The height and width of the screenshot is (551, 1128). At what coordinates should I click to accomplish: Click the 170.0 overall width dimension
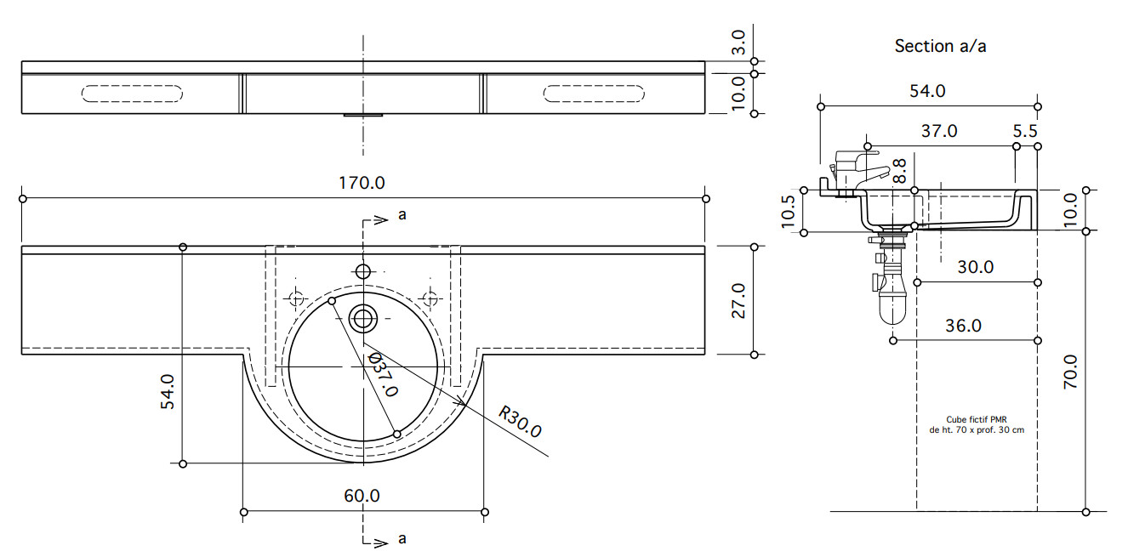[362, 183]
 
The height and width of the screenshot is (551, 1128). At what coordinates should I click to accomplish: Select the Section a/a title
[940, 46]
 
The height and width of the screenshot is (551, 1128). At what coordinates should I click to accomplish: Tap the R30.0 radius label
[520, 422]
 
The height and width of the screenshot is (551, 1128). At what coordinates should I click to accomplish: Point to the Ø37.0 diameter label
[383, 374]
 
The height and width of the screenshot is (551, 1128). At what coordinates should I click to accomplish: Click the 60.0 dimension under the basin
[362, 496]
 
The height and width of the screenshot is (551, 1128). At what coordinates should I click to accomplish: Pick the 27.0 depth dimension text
[738, 301]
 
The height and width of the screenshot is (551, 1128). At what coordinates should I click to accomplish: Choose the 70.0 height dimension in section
[1071, 372]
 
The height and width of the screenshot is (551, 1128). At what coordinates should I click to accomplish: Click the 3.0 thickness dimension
[738, 43]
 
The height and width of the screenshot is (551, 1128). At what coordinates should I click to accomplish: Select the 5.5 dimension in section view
[1025, 131]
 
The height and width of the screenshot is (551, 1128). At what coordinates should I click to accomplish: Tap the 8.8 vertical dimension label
[899, 171]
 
